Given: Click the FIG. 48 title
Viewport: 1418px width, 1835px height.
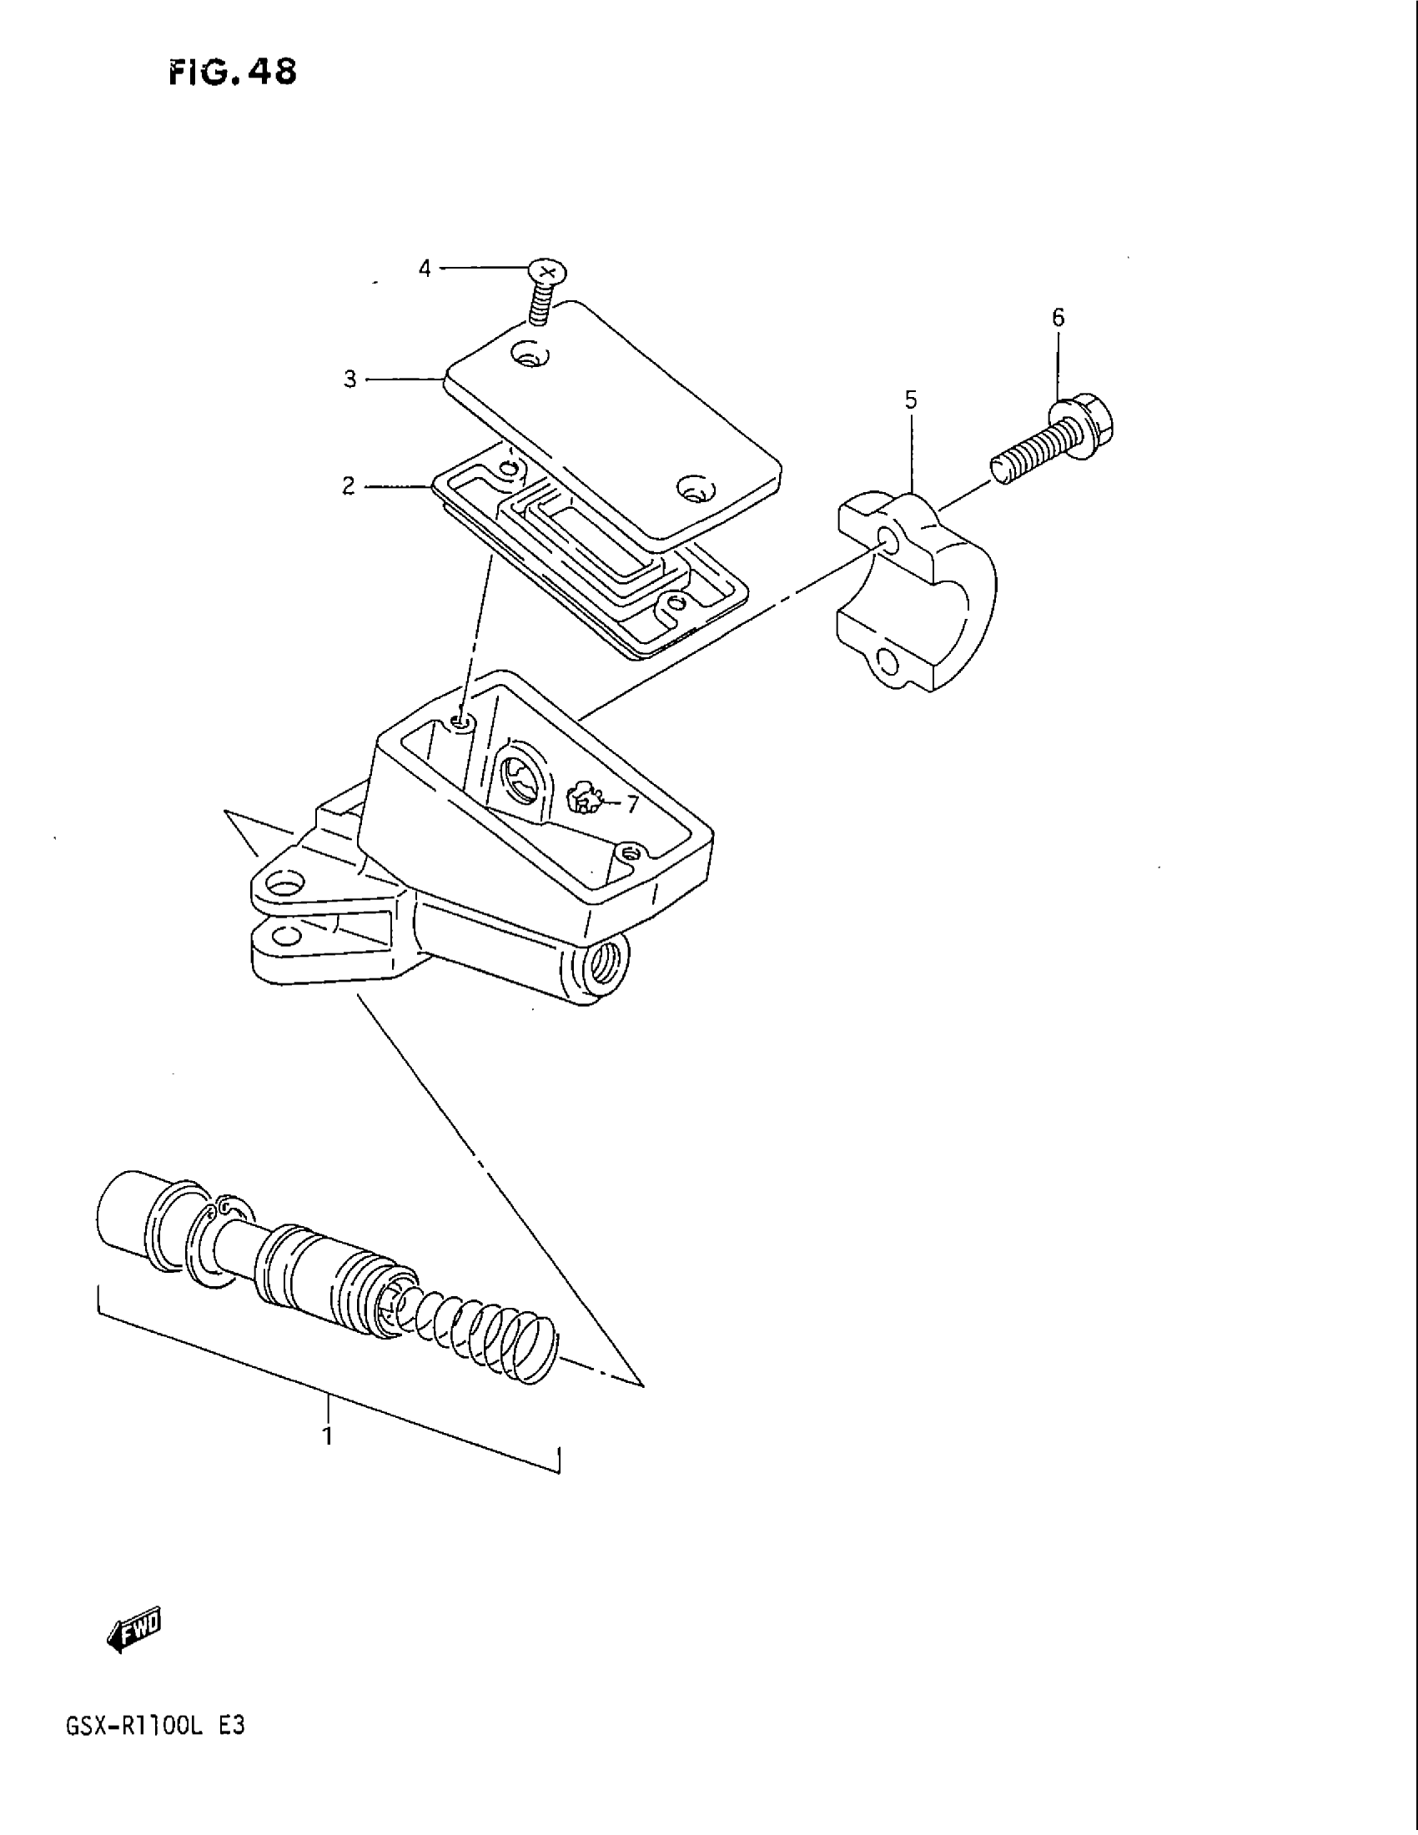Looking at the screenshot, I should pos(233,73).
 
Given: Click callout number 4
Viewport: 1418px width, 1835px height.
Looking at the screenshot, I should pos(425,268).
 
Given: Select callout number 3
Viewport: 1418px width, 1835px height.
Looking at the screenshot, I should pos(350,379).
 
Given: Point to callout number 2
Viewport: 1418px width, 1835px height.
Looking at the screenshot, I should pos(349,485).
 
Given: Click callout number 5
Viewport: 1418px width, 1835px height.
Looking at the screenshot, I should pos(912,400).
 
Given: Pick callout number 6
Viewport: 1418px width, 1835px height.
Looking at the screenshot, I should pos(1058,318).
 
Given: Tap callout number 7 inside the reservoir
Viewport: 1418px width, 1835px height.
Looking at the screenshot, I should pos(631,804).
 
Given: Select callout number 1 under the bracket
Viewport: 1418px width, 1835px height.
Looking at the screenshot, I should pos(328,1436).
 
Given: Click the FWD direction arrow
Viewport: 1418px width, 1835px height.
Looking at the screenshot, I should pos(134,1631).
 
